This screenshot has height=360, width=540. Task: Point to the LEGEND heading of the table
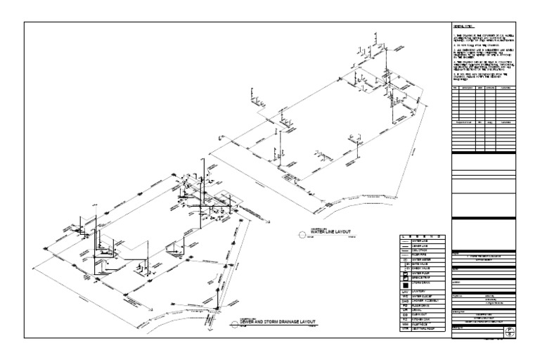(x=421, y=236)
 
